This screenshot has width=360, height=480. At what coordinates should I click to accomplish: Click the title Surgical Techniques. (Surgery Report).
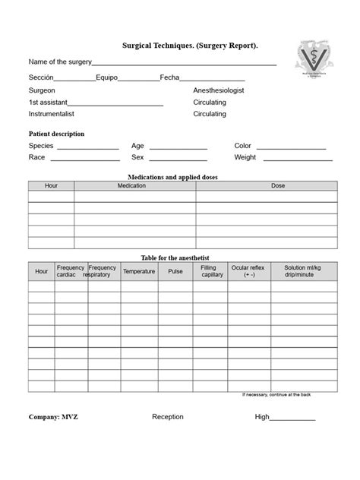click(191, 46)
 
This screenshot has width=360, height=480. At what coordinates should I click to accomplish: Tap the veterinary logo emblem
click(313, 61)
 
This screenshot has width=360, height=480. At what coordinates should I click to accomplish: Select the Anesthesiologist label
click(219, 90)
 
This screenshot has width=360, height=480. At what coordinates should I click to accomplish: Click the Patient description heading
click(56, 134)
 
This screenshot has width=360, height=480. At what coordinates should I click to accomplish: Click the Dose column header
click(278, 185)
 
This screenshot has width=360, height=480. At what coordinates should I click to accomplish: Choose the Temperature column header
click(139, 271)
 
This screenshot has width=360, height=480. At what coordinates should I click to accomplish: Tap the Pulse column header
click(175, 271)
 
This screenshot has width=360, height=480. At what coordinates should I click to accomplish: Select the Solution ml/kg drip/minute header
click(302, 271)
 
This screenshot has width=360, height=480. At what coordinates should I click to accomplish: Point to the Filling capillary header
click(212, 271)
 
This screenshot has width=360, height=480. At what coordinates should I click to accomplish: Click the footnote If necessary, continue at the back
click(276, 395)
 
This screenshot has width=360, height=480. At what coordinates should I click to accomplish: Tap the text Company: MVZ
click(53, 417)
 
